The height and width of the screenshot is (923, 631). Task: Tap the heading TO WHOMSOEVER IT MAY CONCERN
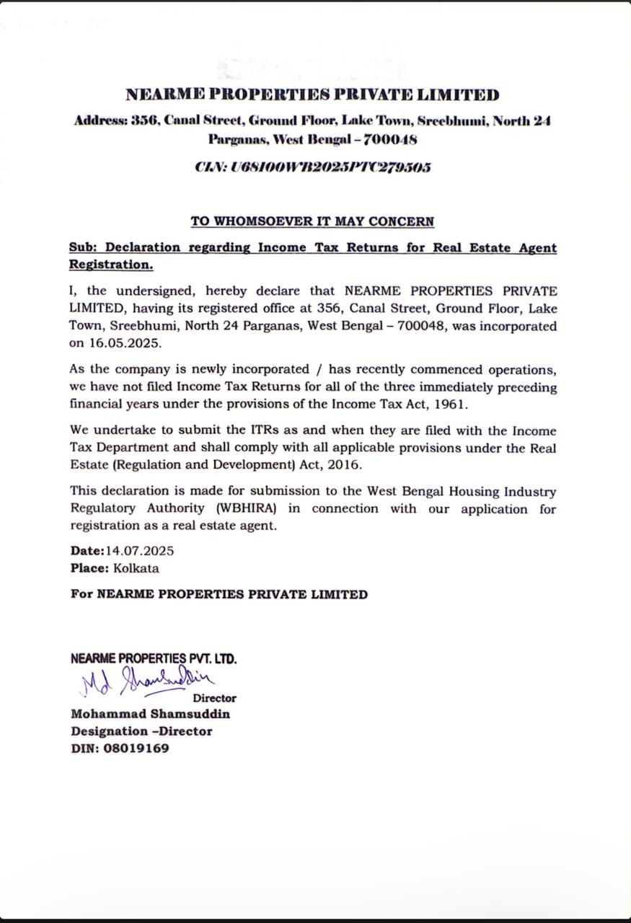point(312,221)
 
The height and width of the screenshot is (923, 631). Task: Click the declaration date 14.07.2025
point(140,551)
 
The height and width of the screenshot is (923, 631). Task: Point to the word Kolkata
point(136,568)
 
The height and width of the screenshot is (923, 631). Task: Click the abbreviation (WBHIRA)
point(247,508)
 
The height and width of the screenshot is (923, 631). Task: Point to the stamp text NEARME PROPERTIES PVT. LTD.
point(154,658)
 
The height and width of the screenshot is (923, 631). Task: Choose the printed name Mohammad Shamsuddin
point(151,714)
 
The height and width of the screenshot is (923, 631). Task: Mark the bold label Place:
point(89,568)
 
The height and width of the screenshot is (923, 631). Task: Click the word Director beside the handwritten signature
point(214,698)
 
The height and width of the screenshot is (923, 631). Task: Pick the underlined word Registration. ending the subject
point(111,265)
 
